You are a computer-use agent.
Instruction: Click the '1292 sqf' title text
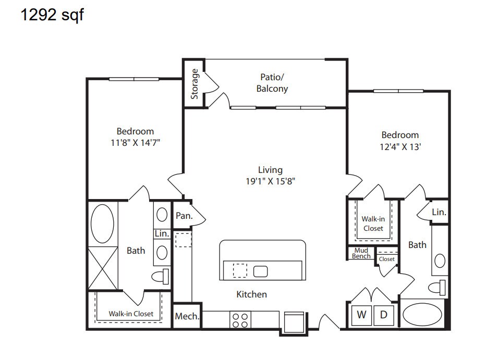(52, 15)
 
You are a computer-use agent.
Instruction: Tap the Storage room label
(194, 84)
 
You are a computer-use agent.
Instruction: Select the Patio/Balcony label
(272, 83)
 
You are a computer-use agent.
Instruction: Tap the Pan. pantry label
(183, 215)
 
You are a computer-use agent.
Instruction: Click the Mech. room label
(187, 316)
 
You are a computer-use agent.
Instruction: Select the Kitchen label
(252, 294)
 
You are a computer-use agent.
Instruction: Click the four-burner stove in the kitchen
(240, 320)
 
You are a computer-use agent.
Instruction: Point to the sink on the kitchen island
(260, 271)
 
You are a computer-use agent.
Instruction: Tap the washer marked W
(361, 315)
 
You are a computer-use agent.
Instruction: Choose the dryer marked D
(383, 315)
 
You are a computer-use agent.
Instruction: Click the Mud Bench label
(361, 253)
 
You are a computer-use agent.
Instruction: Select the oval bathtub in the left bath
(102, 223)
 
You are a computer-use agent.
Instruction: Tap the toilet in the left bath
(161, 276)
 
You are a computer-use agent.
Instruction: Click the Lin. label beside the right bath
(439, 212)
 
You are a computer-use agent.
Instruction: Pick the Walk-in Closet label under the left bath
(131, 314)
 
